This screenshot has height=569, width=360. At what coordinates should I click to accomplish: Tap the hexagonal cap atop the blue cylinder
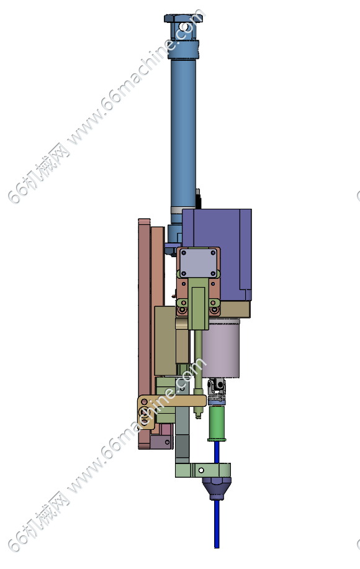pos(183,18)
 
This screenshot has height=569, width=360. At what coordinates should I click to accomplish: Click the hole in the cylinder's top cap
pos(184,27)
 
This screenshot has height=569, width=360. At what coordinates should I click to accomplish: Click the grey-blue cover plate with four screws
pos(198,263)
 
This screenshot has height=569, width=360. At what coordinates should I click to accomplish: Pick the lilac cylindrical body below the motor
pos(220,348)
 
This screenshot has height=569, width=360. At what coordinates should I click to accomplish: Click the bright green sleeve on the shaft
pos(217,423)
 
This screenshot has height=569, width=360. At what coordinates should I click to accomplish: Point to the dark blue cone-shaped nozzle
pos(217,488)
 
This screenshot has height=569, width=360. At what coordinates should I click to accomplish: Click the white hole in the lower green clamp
pos(201,470)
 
